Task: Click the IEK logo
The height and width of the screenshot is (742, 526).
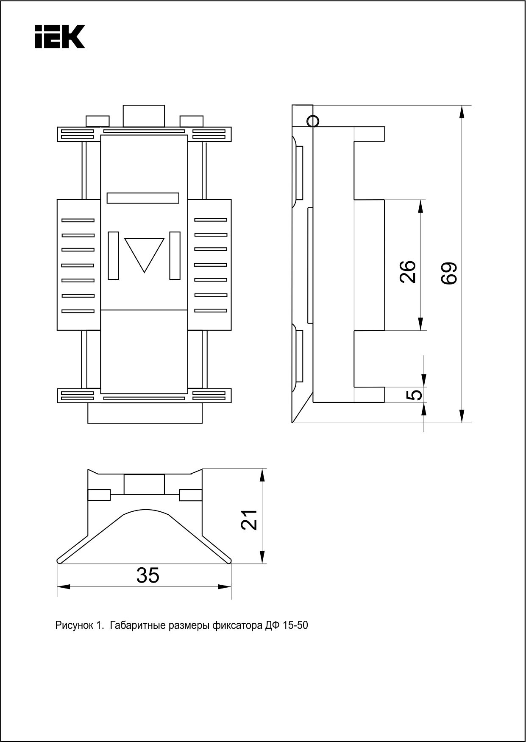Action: click(x=60, y=36)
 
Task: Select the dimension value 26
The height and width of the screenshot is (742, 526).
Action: click(x=408, y=271)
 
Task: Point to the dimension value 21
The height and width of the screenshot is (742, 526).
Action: click(x=249, y=519)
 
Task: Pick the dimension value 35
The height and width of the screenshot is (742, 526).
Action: click(x=148, y=575)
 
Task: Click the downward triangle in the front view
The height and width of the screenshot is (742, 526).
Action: click(x=144, y=253)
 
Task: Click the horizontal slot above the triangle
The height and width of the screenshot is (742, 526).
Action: click(x=143, y=198)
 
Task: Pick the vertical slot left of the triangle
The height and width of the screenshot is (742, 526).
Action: click(x=113, y=256)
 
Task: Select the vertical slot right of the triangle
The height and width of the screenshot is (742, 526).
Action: click(x=175, y=256)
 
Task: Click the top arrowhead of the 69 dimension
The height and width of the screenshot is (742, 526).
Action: click(x=462, y=112)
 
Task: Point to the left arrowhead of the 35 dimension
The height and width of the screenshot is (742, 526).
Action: click(x=63, y=587)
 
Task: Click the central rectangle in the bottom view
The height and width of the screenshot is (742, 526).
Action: click(x=144, y=485)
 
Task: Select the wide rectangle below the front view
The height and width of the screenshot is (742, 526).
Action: click(x=145, y=413)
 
